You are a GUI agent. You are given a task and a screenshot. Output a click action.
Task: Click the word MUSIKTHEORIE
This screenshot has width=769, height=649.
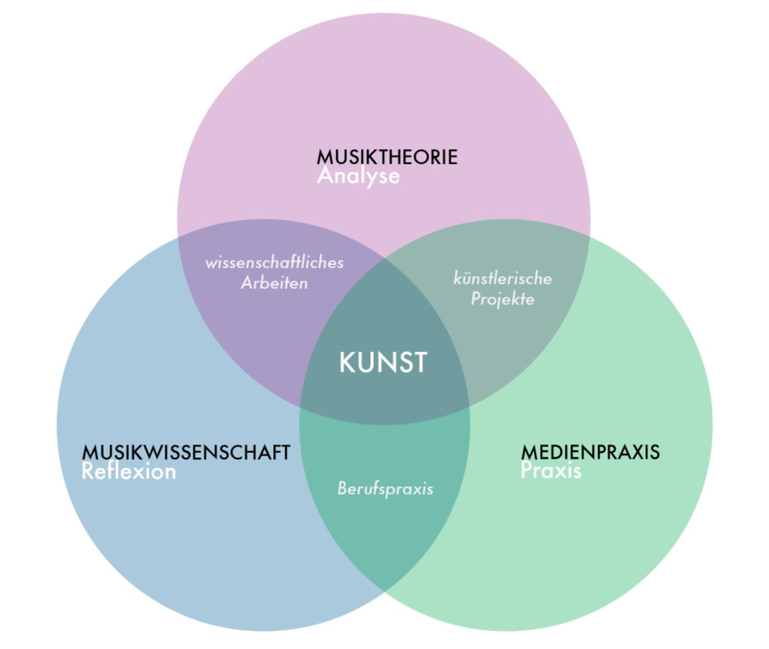387,157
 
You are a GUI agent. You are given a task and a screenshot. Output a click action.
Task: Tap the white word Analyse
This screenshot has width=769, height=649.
358,176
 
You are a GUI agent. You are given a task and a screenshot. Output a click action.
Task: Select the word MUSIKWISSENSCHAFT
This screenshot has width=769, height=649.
186,452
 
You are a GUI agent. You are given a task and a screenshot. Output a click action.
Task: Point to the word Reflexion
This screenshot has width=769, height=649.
128,471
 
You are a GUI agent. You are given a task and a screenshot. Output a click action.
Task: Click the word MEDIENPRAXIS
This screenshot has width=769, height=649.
590,452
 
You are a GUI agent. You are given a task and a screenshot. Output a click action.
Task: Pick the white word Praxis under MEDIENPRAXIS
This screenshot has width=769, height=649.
551,470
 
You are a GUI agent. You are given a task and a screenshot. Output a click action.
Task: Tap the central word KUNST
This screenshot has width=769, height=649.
383,362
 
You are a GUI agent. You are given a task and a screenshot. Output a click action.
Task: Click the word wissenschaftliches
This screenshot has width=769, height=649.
274,262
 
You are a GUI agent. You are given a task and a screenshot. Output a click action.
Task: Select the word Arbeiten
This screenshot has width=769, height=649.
274,283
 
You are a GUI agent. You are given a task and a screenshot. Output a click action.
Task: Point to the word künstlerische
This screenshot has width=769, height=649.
502,278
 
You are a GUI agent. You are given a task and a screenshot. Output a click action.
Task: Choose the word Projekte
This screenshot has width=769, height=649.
502,299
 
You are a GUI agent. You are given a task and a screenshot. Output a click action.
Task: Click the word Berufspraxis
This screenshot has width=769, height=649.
385,488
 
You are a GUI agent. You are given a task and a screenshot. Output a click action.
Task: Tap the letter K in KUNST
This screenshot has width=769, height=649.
346,362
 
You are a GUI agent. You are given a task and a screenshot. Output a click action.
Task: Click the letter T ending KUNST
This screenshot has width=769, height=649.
420,362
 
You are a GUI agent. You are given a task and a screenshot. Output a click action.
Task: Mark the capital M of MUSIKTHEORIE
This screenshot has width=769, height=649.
324,157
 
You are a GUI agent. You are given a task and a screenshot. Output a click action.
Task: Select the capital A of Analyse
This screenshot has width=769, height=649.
325,176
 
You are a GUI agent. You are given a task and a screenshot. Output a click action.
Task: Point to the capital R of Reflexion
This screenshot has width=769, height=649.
88,471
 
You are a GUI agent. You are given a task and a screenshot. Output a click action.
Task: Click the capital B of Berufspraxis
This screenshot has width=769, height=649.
342,487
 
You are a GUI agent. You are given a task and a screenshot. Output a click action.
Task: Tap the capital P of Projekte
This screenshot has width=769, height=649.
476,298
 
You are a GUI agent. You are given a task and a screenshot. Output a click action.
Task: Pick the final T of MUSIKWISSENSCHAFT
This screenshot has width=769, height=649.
285,452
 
